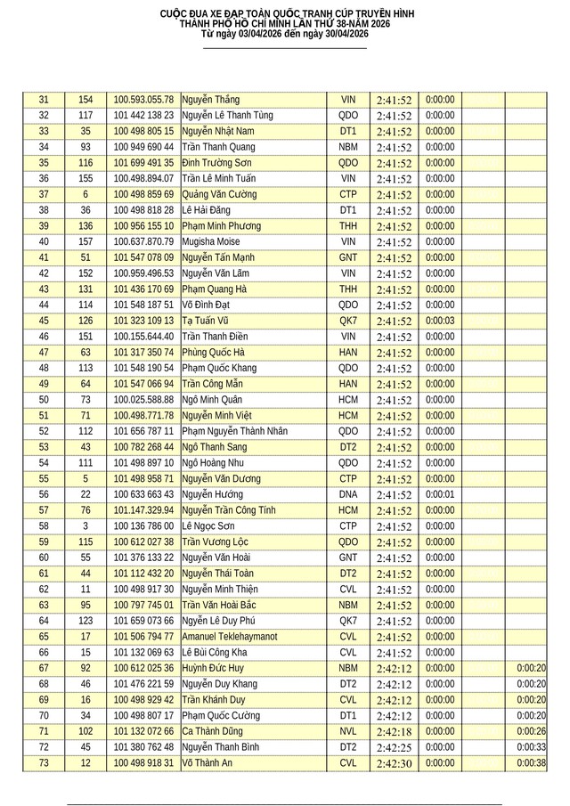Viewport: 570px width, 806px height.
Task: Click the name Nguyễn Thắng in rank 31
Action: (x=210, y=100)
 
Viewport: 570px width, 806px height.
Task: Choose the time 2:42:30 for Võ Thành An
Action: (x=394, y=763)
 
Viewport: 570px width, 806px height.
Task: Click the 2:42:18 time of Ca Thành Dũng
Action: (x=394, y=732)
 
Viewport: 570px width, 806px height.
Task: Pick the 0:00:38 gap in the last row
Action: (x=531, y=763)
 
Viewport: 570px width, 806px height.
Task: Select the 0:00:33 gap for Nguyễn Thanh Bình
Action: (x=531, y=747)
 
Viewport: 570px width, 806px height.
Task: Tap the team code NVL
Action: (x=347, y=732)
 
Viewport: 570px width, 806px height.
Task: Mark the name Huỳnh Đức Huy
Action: (x=215, y=669)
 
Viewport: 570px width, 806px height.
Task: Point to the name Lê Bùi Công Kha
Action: (x=217, y=653)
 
